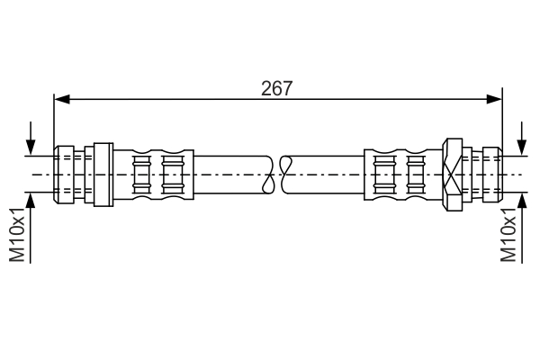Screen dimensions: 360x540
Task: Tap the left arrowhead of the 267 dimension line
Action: (x=61, y=100)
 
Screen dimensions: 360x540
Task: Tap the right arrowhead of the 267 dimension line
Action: (x=496, y=100)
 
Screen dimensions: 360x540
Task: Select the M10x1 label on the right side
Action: (x=509, y=236)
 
